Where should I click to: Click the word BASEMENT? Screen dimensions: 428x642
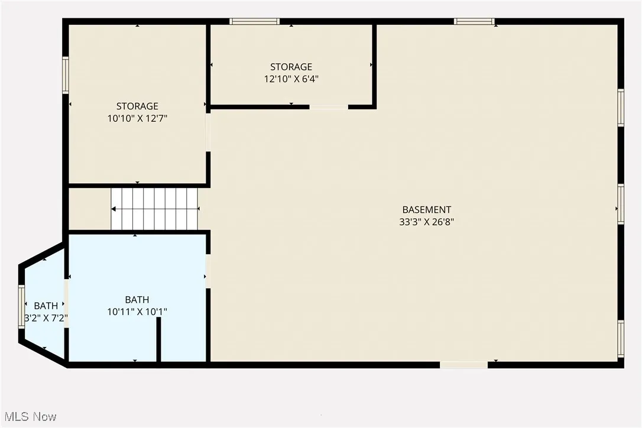coord(426,210)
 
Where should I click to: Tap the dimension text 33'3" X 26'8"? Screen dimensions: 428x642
coord(426,222)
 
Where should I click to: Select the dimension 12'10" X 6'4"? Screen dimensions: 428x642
coord(291,79)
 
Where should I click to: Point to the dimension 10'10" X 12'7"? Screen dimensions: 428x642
coord(137,118)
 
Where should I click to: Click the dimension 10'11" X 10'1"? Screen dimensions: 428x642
coord(137,312)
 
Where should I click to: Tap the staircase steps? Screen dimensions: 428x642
coord(155,209)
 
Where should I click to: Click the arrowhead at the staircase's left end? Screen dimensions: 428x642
coord(114,209)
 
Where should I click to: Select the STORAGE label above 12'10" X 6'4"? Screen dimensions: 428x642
coord(291,67)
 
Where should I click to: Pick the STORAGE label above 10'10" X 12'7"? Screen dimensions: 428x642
coord(137,106)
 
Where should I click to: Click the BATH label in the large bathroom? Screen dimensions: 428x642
coord(137,300)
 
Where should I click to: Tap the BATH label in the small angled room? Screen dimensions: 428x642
coord(46,306)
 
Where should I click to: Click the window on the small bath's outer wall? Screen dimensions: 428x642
coord(22,306)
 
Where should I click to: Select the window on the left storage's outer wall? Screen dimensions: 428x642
coord(66,75)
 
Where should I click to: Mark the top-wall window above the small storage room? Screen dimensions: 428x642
coord(254,22)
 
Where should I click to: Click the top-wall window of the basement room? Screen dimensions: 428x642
coord(474,22)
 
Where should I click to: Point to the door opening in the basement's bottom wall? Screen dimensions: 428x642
coord(464,365)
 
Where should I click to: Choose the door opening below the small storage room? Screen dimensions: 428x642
coord(329,107)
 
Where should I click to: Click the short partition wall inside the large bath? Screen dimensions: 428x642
coord(158,339)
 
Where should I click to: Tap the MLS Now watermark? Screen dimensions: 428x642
coord(29,417)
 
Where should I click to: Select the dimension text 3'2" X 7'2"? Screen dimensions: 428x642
coord(46,318)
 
